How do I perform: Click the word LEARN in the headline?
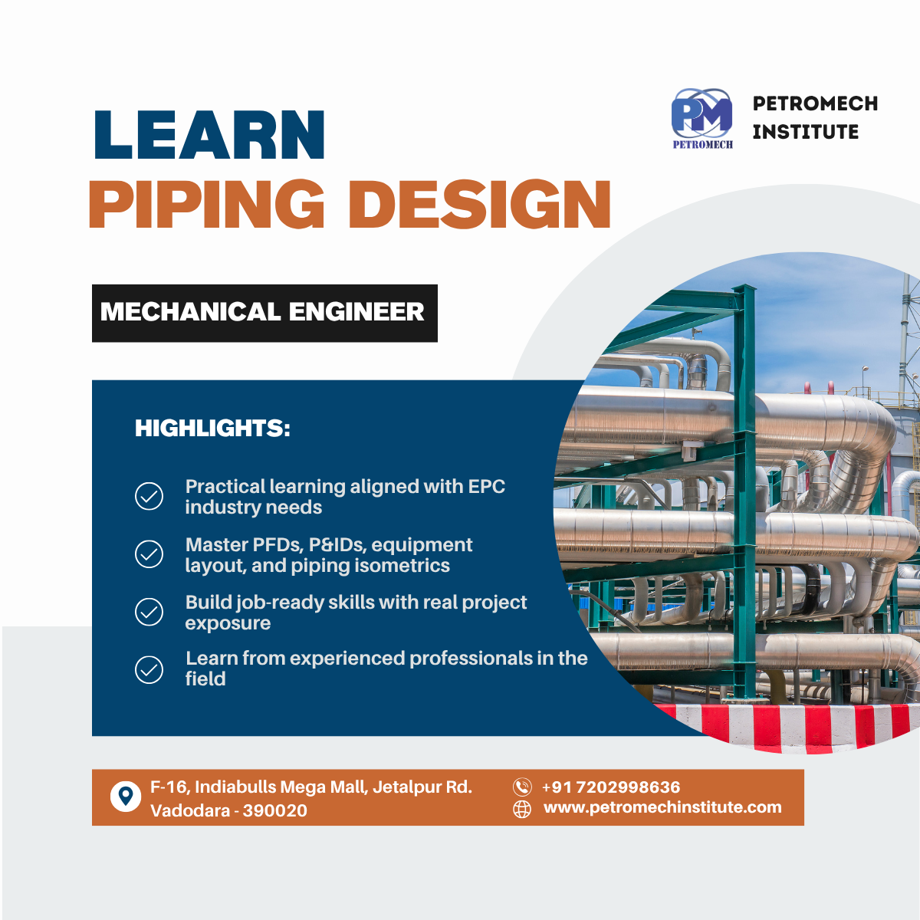point(209,134)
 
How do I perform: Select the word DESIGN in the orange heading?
point(480,205)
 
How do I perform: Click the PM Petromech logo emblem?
point(701,118)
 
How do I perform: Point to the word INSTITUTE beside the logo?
point(806,132)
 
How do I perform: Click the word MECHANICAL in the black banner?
point(190,312)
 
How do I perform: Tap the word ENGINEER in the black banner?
point(356,312)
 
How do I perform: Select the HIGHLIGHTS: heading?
point(212,428)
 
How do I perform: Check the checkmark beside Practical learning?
point(149,497)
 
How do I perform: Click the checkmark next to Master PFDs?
point(149,554)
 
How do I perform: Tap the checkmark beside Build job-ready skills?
point(149,612)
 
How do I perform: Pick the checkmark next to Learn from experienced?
point(149,670)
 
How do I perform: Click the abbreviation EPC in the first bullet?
point(486,487)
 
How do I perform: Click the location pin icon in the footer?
point(126,797)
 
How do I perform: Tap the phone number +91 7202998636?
point(611,787)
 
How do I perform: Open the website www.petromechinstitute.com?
point(662,807)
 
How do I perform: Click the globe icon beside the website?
point(522,810)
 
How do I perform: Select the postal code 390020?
point(275,810)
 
